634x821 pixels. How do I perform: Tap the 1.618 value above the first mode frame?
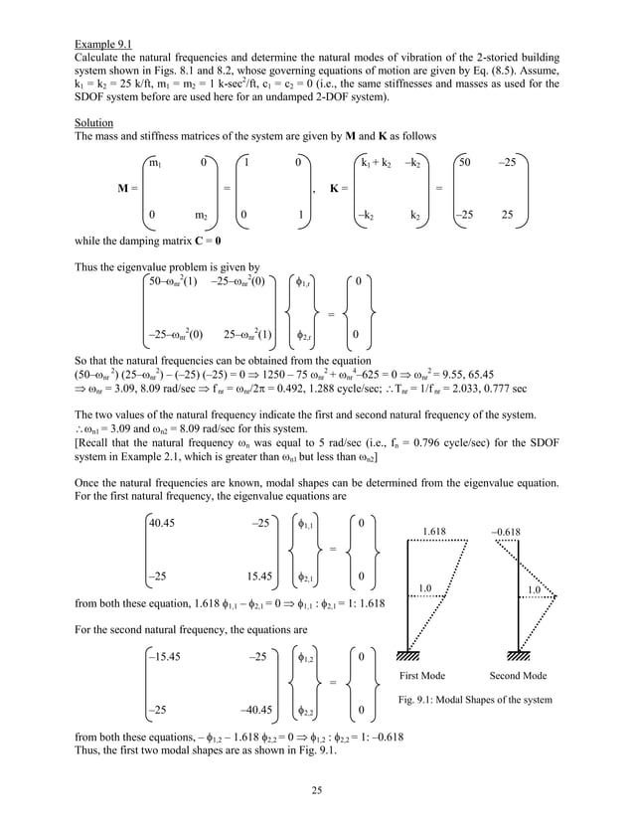click(x=433, y=532)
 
